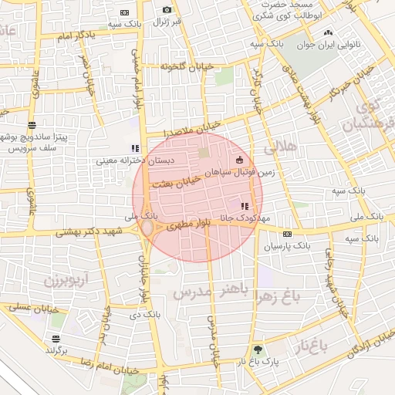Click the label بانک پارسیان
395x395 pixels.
pyautogui.click(x=287, y=247)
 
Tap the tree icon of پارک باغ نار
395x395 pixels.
pyautogui.click(x=258, y=349)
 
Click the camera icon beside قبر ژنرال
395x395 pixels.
pyautogui.click(x=167, y=9)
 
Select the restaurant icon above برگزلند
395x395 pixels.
pyautogui.click(x=55, y=339)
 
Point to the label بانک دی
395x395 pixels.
pyautogui.click(x=146, y=315)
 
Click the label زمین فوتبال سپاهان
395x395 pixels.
pyautogui.click(x=247, y=174)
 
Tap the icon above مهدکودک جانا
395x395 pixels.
pyautogui.click(x=245, y=206)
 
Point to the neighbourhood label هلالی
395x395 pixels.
pyautogui.click(x=279, y=145)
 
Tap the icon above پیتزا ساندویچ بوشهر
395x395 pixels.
pyautogui.click(x=32, y=124)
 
